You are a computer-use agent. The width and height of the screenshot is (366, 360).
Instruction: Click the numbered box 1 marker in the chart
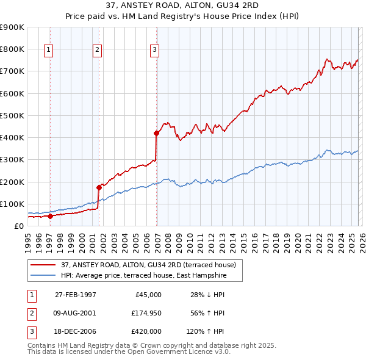tap(48, 50)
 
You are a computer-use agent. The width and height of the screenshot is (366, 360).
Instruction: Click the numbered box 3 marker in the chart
tap(155, 50)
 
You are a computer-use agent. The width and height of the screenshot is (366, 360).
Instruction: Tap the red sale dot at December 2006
tap(157, 132)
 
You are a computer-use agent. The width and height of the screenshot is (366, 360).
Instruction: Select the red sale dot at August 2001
tap(99, 187)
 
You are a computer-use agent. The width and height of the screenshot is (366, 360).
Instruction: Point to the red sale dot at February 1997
tap(51, 216)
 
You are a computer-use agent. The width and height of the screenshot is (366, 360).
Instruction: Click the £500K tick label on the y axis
tap(12, 115)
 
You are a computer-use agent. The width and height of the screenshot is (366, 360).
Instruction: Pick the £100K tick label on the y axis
tap(12, 204)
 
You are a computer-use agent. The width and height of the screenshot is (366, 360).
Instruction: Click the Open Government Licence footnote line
tap(129, 352)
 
